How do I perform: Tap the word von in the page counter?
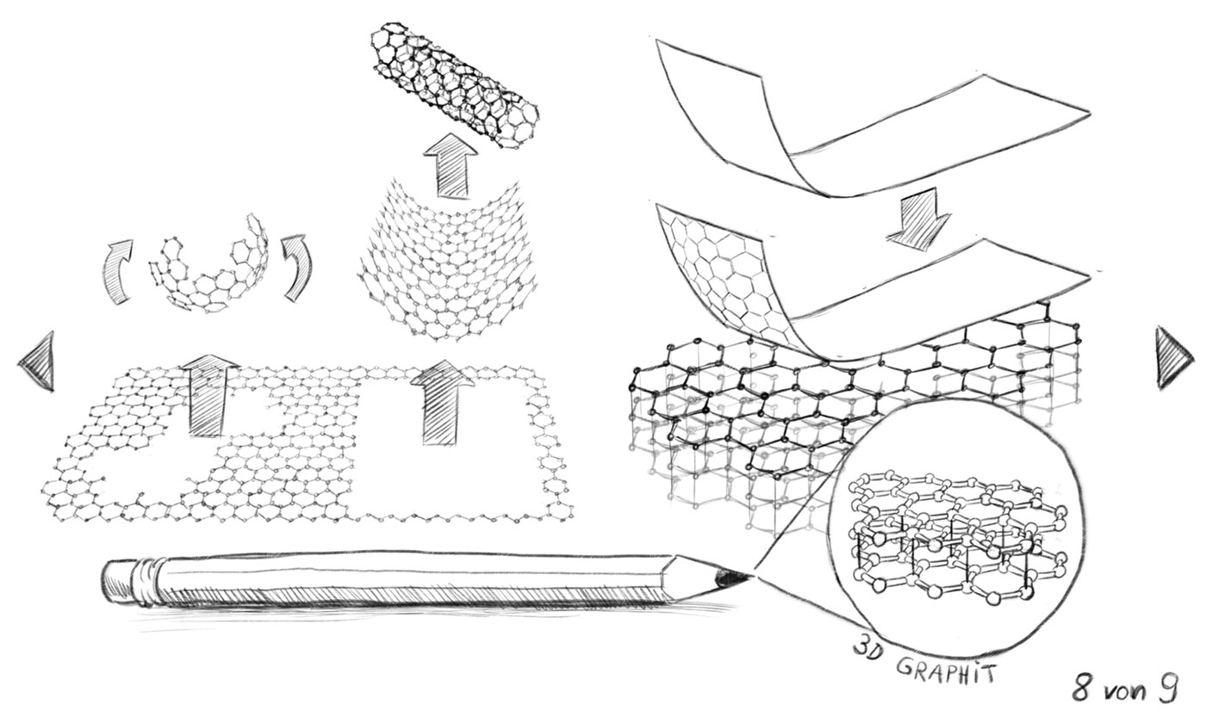click(1126, 690)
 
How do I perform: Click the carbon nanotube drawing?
click(455, 85)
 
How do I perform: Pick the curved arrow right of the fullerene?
click(297, 266)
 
